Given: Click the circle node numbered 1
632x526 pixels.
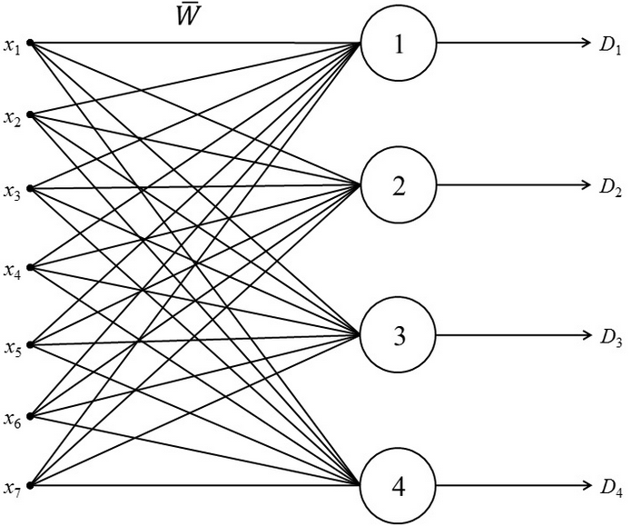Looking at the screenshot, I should tap(399, 44).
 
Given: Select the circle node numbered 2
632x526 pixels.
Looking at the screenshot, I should tap(399, 186).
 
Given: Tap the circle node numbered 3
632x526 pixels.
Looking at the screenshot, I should tap(399, 336).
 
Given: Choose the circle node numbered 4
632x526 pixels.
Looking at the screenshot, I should tap(399, 487).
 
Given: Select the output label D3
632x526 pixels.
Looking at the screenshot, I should tap(610, 338).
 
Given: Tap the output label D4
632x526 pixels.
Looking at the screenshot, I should tap(610, 489).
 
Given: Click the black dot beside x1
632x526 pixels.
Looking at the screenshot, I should tap(30, 43).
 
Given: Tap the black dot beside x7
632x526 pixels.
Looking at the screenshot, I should tap(30, 486).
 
